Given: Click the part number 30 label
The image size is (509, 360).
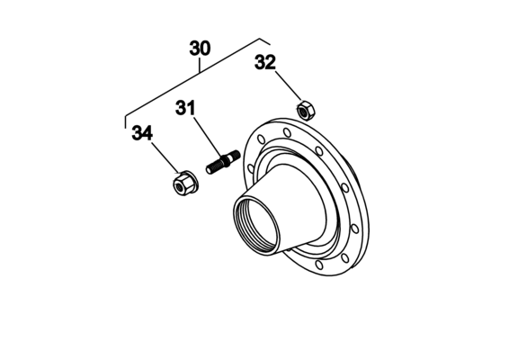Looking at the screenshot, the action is (x=200, y=48).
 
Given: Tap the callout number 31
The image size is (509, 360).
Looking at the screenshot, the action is (x=185, y=108).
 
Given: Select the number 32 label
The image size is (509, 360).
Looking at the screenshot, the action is (x=265, y=62).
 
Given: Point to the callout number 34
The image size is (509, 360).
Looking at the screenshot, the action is (x=142, y=133).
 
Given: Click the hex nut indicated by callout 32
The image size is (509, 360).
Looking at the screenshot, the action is (x=306, y=110).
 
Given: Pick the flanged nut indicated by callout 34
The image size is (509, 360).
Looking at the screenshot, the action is (x=185, y=184).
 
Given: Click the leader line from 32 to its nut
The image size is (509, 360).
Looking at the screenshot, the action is (x=289, y=86).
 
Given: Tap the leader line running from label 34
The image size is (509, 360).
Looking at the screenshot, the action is (x=165, y=157).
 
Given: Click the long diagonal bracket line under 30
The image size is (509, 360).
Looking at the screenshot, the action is (x=192, y=77).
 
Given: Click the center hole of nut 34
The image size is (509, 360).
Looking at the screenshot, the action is (x=179, y=186).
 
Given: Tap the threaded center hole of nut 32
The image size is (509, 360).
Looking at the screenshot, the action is (x=304, y=112).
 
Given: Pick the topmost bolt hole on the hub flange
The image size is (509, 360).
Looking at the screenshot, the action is (x=287, y=132).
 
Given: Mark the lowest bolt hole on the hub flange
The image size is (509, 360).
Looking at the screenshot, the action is (x=319, y=265).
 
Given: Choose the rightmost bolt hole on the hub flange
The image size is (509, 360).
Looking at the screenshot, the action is (x=355, y=229).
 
